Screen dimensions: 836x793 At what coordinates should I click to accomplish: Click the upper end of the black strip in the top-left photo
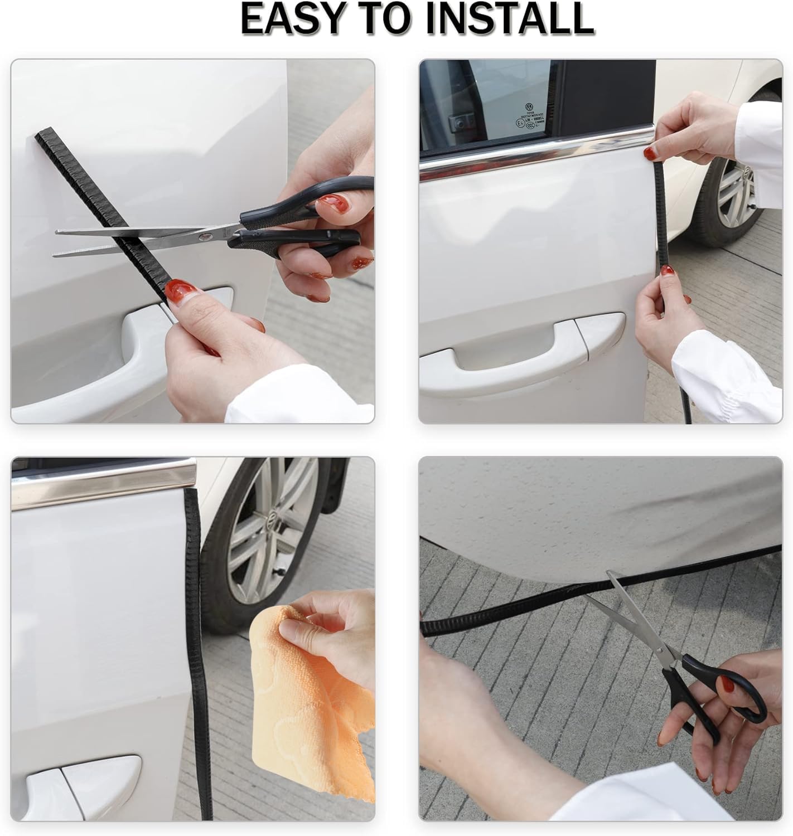coord(43,137)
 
